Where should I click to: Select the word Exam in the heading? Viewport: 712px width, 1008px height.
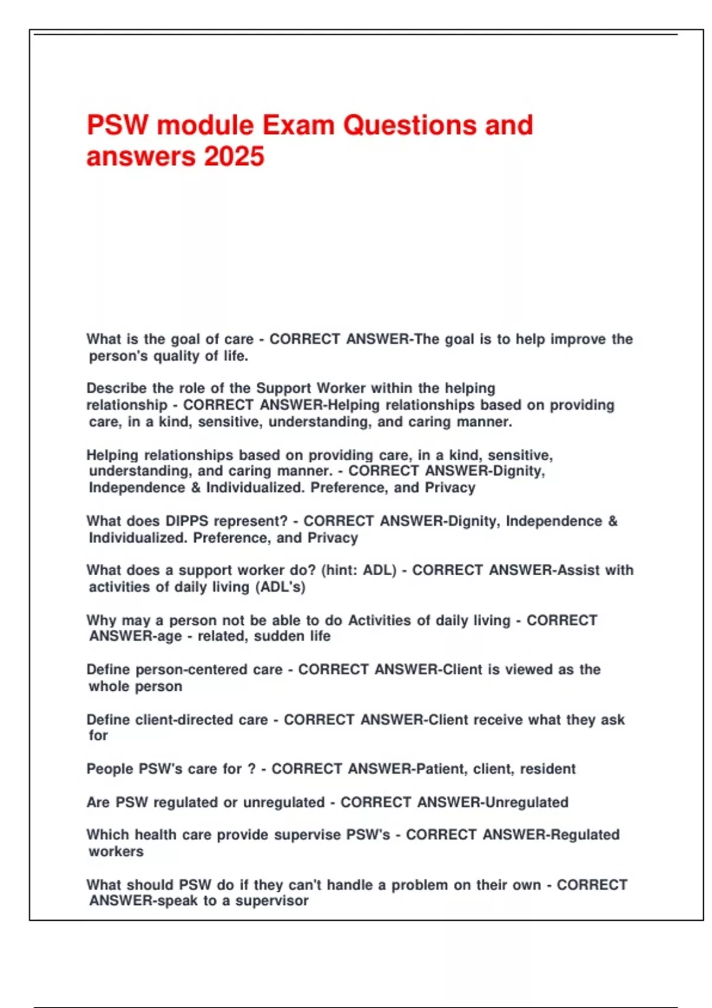click(298, 125)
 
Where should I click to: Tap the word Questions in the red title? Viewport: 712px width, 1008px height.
click(409, 125)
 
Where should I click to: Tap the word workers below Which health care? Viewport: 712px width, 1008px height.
click(116, 852)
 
